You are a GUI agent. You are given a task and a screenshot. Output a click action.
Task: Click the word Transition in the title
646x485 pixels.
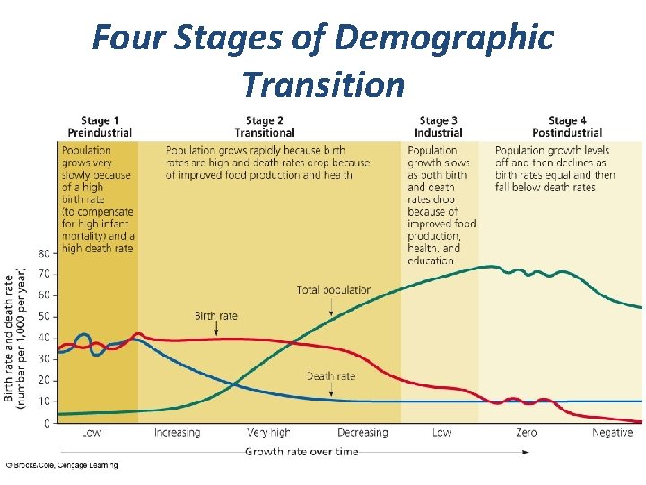point(323,84)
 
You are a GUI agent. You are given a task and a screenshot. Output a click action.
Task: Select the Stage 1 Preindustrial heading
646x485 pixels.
point(100,127)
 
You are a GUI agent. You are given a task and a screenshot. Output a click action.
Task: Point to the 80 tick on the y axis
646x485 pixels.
point(44,252)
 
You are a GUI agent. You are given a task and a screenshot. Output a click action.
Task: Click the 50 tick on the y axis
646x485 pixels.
point(44,316)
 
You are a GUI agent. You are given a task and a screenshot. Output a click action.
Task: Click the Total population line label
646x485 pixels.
point(334,290)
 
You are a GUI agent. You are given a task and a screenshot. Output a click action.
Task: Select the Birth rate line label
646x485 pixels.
point(215,316)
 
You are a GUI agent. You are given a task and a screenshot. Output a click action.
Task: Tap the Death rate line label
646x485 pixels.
point(331,375)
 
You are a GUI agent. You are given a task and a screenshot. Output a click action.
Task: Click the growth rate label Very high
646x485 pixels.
point(269,433)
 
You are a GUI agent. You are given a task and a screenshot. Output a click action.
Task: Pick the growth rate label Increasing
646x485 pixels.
point(177,433)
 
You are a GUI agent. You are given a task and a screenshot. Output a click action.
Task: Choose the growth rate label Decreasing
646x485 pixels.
point(362,433)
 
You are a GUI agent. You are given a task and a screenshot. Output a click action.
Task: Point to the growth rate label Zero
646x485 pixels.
point(527,433)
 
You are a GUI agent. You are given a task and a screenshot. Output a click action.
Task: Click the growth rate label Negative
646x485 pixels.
point(612,433)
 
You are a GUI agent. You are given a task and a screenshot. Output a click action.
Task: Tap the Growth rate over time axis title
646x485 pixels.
point(301,452)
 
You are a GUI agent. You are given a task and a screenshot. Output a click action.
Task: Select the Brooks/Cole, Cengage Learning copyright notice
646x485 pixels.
point(61,465)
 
